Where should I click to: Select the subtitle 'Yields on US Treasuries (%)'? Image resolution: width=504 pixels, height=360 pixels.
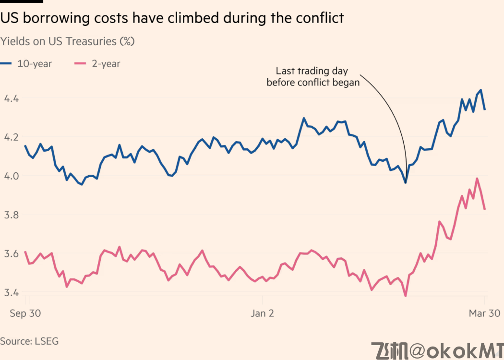point(68,41)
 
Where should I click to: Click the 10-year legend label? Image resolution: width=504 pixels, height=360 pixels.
point(34,63)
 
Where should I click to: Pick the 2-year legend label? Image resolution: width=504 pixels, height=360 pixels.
point(106,63)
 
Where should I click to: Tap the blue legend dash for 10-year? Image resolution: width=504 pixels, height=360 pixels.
point(6,63)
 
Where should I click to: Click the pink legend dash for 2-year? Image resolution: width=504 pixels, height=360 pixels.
point(80,63)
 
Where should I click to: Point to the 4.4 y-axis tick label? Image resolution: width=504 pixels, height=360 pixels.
point(11,98)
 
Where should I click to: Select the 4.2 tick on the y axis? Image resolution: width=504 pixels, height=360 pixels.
point(11,137)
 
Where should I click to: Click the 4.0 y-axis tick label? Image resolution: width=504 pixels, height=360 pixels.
point(11,176)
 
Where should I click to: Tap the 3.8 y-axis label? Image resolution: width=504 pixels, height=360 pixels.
point(11,215)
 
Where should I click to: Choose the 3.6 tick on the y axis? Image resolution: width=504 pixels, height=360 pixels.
point(11,253)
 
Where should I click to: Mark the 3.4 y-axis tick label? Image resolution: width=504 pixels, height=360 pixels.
point(11,292)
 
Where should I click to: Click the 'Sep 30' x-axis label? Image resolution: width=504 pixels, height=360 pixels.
point(25,313)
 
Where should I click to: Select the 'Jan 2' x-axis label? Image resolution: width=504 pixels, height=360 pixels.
point(262,313)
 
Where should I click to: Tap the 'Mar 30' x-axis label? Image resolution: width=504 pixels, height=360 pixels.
point(484,313)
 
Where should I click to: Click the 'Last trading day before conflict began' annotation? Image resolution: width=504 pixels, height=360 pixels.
point(312,77)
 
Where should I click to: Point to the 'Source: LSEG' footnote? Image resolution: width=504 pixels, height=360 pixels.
point(29,341)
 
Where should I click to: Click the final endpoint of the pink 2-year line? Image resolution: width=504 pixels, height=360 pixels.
point(485,209)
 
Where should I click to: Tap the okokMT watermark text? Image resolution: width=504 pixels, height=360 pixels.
point(437,351)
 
